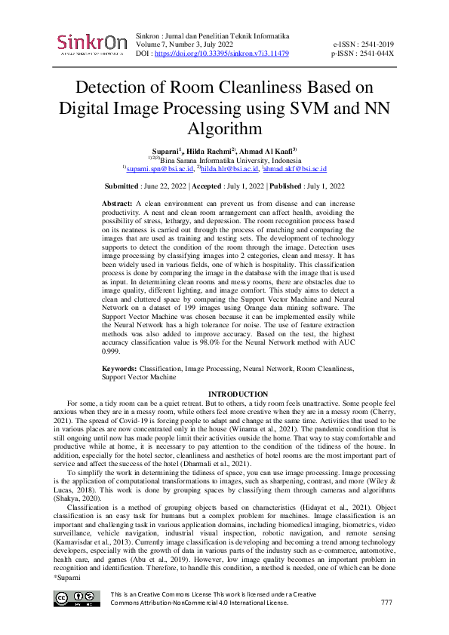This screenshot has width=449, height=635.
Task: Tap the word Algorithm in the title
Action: tap(224, 129)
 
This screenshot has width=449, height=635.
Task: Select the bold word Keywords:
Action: tap(121, 370)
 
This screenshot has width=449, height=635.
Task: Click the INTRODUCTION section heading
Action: tap(238, 394)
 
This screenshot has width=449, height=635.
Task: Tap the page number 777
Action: tap(386, 603)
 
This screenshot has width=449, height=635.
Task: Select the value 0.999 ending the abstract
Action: tap(112, 351)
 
